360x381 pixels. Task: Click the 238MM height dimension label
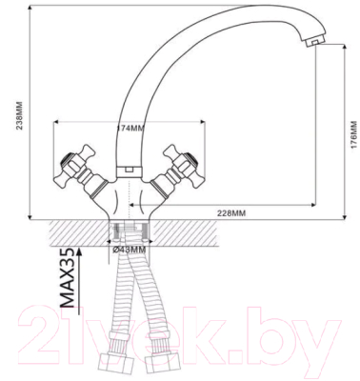tap(19, 115)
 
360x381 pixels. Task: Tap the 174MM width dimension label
tap(130, 129)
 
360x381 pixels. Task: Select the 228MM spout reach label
tap(231, 213)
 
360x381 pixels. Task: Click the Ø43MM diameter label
tap(130, 251)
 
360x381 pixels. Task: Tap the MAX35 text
tap(67, 278)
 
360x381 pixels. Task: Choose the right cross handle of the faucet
tap(182, 165)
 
